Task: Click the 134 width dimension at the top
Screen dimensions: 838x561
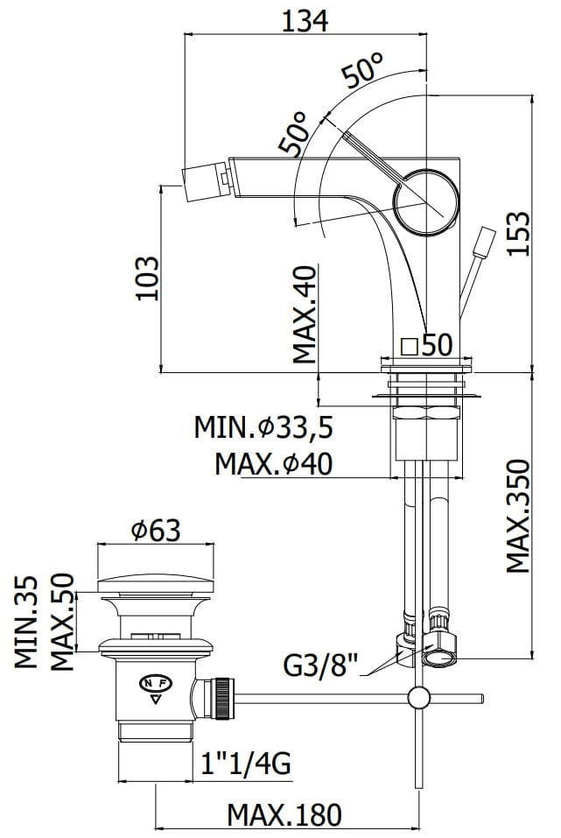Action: coord(305,19)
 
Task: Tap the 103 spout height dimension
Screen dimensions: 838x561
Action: coord(147,278)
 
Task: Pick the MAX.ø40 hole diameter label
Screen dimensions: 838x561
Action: coord(274,462)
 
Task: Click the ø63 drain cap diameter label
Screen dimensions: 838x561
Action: coord(155,529)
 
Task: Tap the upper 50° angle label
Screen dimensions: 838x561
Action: coord(363,69)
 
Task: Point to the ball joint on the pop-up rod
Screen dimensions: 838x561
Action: coord(419,698)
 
